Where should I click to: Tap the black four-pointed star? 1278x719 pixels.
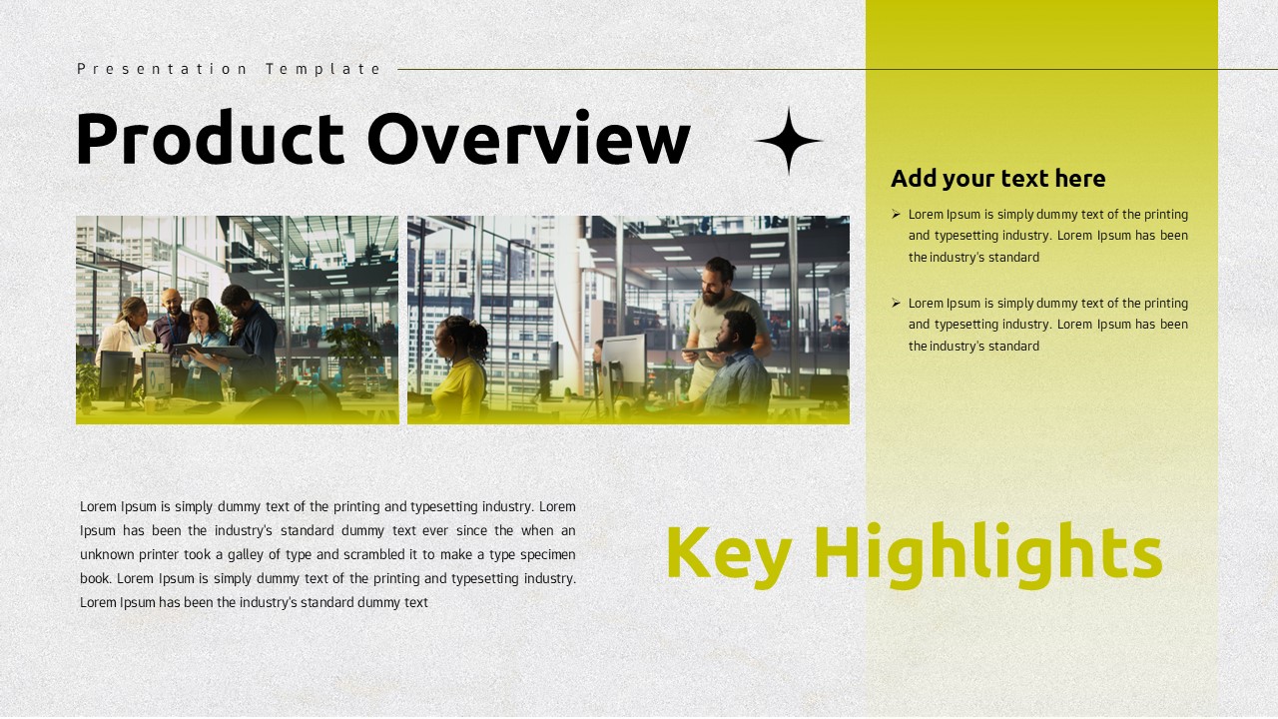(x=789, y=141)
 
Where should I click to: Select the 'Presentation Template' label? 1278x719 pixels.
(x=230, y=69)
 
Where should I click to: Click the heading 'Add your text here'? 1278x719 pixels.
(x=997, y=179)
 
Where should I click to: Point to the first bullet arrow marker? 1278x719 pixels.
(x=896, y=214)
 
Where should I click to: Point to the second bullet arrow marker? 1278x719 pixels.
(x=896, y=303)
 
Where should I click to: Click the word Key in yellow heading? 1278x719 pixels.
(x=727, y=552)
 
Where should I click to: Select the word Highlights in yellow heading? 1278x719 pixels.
(x=987, y=552)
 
